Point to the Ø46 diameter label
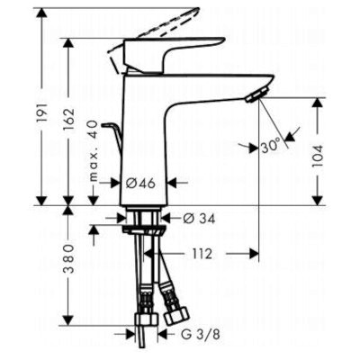tap(140, 183)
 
